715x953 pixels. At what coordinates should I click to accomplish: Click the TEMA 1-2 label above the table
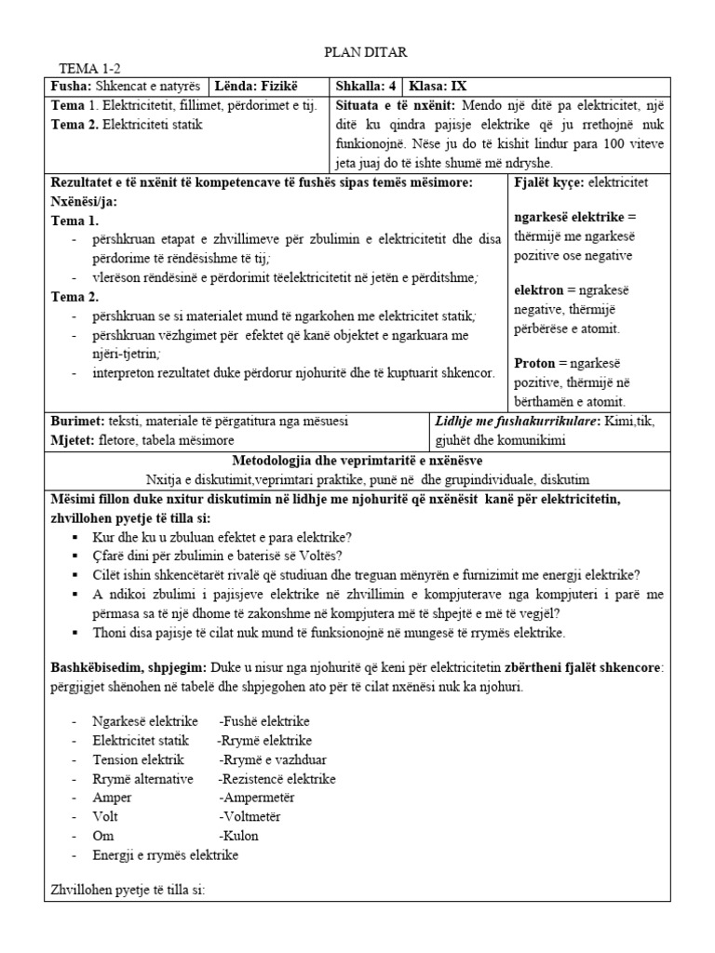click(90, 69)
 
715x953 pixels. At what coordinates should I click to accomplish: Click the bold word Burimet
click(78, 421)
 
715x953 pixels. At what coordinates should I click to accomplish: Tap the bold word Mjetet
click(75, 439)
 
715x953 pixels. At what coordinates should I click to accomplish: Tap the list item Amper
click(112, 798)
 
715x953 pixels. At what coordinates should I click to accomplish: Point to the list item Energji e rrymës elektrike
click(166, 855)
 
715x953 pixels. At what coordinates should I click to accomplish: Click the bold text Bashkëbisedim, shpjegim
click(128, 668)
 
